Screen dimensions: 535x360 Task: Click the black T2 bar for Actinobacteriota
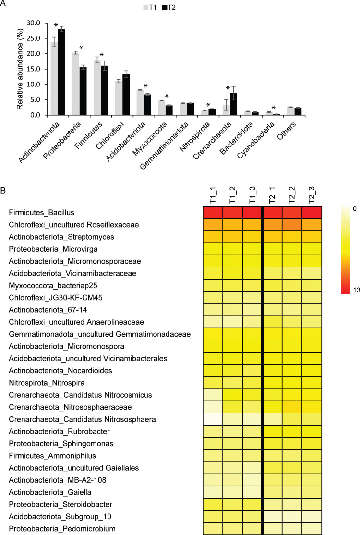pos(61,72)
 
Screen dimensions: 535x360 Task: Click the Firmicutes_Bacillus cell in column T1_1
pos(211,212)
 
